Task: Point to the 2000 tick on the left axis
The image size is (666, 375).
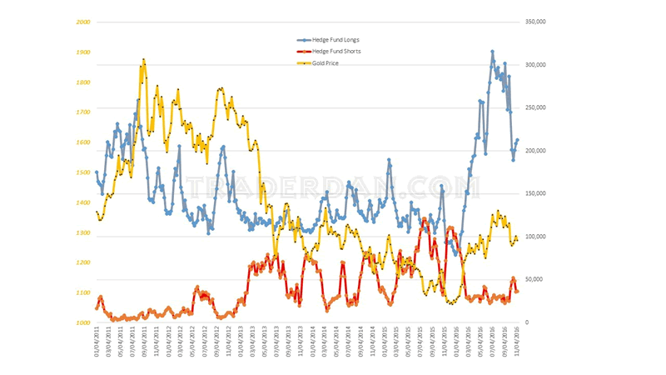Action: pos(82,22)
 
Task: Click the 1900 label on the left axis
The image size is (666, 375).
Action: pos(82,52)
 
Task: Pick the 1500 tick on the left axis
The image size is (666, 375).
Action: pos(82,172)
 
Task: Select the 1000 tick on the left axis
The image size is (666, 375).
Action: pos(82,322)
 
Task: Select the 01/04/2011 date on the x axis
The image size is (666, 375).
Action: pos(97,342)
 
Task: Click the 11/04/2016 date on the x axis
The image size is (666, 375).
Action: pos(516,342)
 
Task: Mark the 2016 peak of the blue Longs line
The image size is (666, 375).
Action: pos(492,52)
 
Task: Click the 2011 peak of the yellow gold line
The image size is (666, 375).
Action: pos(144,60)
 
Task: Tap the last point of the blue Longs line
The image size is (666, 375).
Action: pos(517,140)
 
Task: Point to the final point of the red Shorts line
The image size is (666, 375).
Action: pos(517,291)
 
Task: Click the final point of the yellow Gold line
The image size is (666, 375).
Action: pos(517,240)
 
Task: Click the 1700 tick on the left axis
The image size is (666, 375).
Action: pos(82,112)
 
